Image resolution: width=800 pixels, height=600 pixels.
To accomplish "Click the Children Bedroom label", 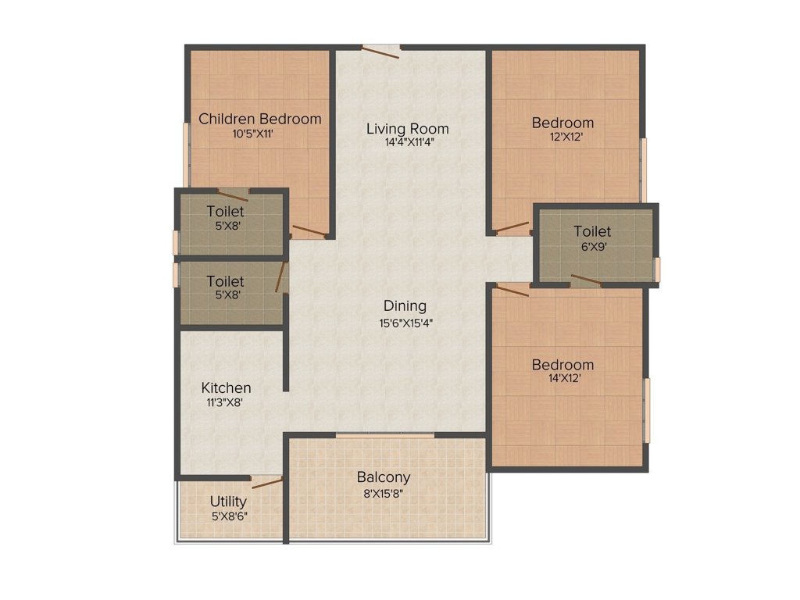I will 259,119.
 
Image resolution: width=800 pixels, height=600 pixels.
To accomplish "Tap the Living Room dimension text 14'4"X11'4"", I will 408,142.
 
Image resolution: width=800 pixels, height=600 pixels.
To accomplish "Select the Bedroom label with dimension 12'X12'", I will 562,123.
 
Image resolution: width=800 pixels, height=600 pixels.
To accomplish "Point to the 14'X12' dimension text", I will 562,378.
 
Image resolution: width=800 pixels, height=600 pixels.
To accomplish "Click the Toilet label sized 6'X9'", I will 592,231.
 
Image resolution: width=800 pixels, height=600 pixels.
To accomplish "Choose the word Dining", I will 405,305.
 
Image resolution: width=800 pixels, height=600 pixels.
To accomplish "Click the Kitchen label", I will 226,387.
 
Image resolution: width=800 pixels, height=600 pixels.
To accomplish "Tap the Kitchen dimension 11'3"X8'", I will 226,402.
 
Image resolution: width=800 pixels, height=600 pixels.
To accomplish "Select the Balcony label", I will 384,477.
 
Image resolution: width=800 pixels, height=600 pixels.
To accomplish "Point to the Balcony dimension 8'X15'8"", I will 384,492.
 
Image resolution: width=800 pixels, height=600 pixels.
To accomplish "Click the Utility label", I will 228,501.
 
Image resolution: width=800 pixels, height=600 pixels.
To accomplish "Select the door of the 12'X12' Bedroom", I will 512,228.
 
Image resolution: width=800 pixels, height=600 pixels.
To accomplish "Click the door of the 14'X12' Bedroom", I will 512,290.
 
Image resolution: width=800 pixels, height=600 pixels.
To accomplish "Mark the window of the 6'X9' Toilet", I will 658,268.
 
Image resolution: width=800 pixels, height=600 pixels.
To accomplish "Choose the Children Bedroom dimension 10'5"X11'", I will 252,134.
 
